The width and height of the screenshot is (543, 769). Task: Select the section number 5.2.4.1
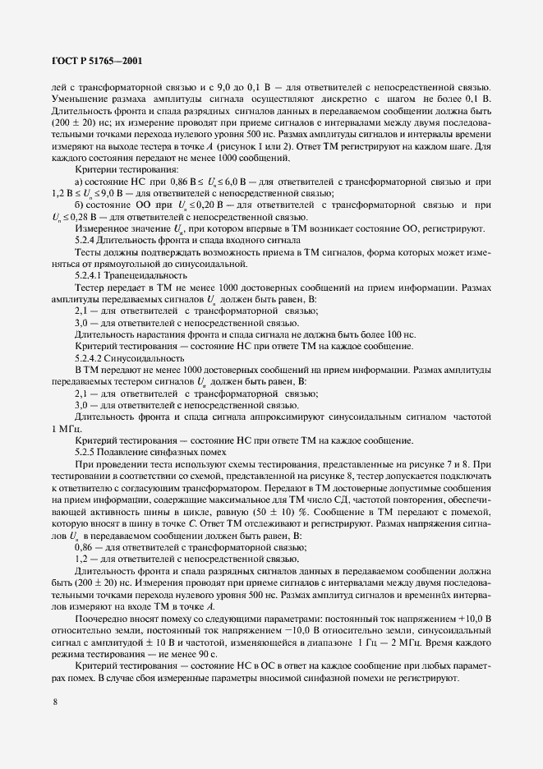[x=90, y=275]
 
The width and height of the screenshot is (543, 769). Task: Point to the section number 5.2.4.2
[x=90, y=359]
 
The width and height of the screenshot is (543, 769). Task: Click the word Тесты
[x=89, y=251]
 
